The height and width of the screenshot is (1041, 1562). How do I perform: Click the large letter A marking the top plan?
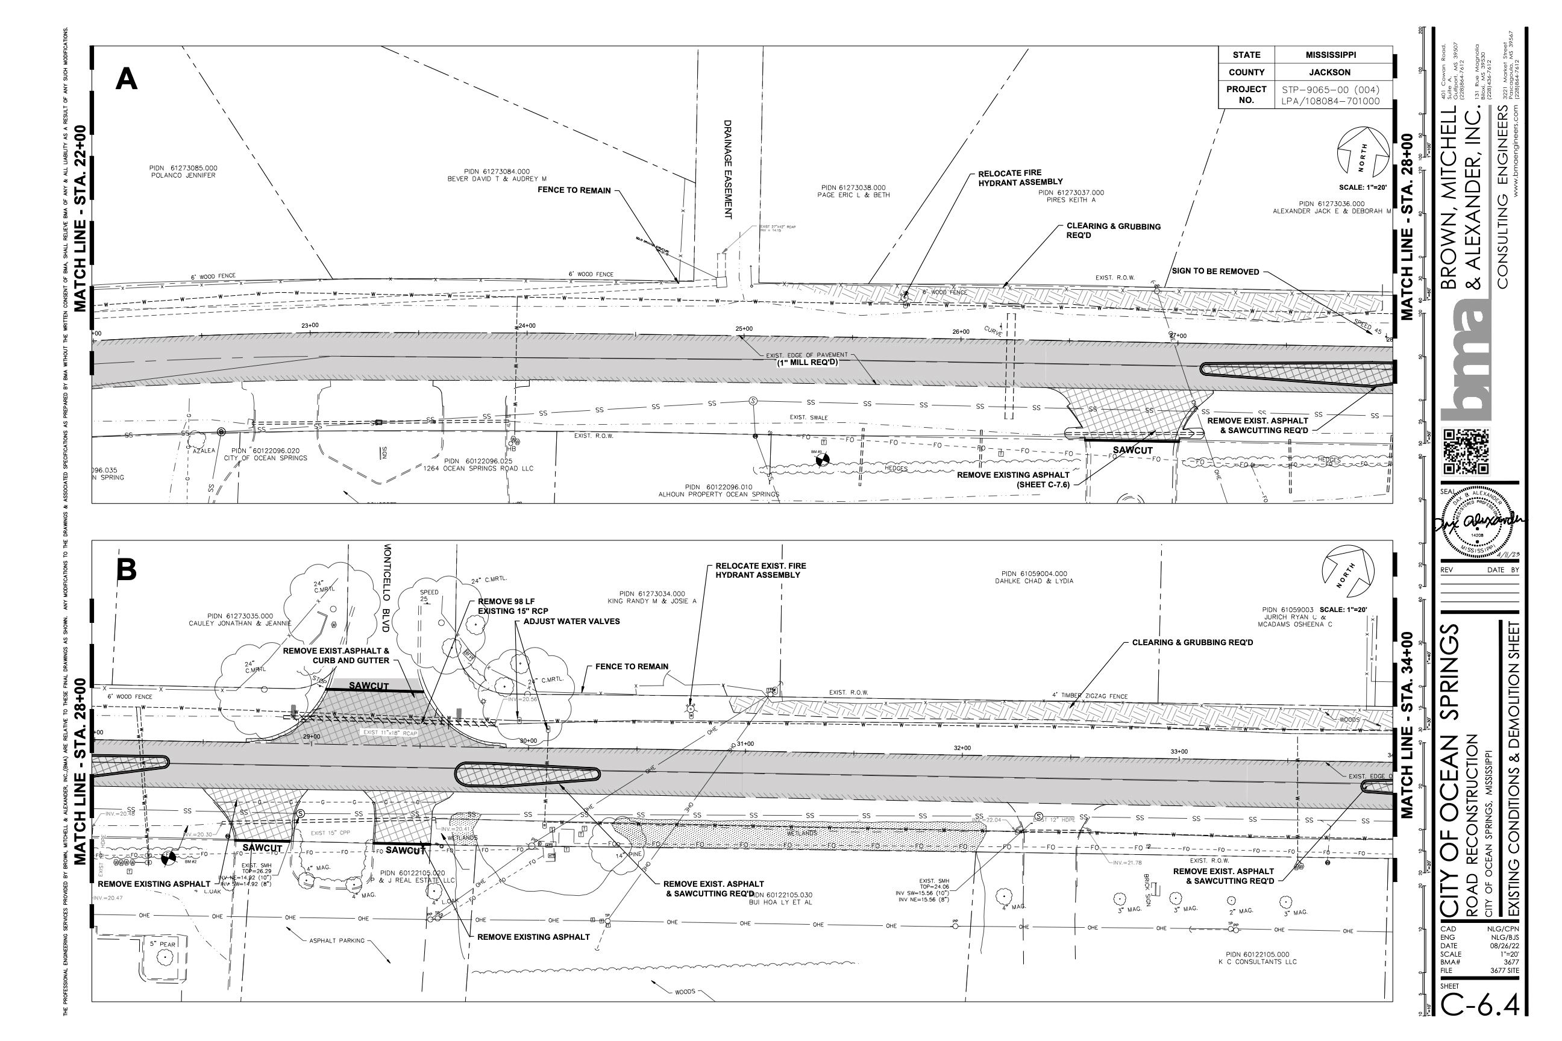pos(126,80)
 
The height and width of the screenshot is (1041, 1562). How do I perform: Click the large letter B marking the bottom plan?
pos(126,571)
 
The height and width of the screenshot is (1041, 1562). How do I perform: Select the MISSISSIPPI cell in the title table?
pos(1331,55)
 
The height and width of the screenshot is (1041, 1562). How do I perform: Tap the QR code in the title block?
pos(1466,452)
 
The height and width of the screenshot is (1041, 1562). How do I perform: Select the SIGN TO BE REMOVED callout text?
pos(1215,272)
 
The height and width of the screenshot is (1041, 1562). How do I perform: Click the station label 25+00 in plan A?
pos(744,329)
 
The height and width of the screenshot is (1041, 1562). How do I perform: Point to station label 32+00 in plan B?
pos(962,748)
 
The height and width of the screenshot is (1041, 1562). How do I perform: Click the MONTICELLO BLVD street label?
pos(389,588)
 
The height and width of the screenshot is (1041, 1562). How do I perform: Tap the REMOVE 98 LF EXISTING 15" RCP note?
pos(513,606)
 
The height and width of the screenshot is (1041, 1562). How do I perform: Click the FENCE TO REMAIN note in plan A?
pos(574,190)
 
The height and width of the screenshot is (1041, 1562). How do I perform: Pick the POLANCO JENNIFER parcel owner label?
pos(183,175)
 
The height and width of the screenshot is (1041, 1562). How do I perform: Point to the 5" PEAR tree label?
pos(162,943)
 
